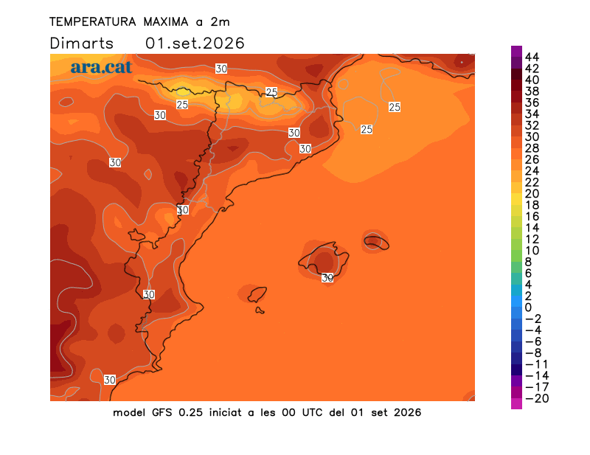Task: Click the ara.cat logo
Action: coord(101,67)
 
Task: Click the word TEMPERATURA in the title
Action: coord(93,22)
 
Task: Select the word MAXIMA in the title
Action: coord(165,22)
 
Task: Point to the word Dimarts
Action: coord(81,44)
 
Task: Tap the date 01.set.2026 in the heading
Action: coord(195,44)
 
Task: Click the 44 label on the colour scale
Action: coord(532,58)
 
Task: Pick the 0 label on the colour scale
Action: coord(528,308)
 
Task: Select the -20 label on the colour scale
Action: coord(537,398)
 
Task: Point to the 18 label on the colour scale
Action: coord(532,205)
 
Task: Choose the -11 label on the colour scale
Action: coord(537,364)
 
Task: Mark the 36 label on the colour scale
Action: coord(532,103)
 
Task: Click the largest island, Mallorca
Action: coord(324,260)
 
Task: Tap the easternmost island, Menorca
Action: coord(376,241)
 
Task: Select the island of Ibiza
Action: coord(257,294)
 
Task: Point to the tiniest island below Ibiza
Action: coord(260,310)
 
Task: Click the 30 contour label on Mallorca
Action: coord(327,278)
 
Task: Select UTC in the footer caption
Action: coord(312,413)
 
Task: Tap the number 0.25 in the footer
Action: coord(191,413)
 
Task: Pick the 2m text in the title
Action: coord(220,22)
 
